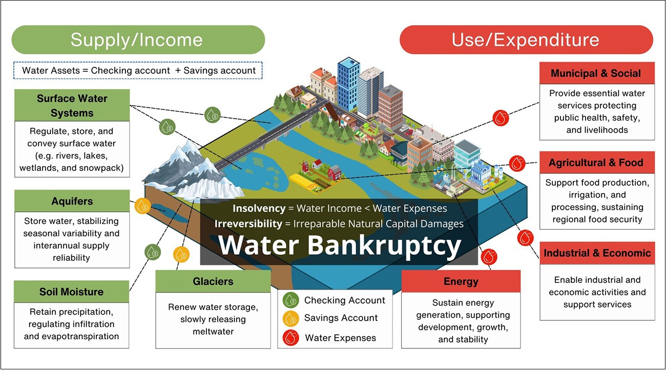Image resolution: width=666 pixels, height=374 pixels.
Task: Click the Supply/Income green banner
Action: pyautogui.click(x=137, y=40)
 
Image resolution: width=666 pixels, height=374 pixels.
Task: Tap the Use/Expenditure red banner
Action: pyautogui.click(x=526, y=40)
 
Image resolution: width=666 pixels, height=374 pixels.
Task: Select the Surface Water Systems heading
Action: pyautogui.click(x=72, y=105)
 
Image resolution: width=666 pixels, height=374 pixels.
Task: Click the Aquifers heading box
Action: pyautogui.click(x=72, y=201)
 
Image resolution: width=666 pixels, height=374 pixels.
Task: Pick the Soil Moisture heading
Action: pyautogui.click(x=71, y=292)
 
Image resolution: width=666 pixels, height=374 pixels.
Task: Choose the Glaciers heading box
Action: pyautogui.click(x=213, y=281)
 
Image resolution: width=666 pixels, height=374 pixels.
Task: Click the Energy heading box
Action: pyautogui.click(x=461, y=281)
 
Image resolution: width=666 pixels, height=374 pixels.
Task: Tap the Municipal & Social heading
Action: pyautogui.click(x=596, y=73)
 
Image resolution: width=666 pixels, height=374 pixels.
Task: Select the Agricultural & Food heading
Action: pyautogui.click(x=596, y=163)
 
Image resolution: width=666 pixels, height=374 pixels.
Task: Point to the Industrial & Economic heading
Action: pyautogui.click(x=597, y=253)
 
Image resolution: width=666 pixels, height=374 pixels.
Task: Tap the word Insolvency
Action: pyautogui.click(x=259, y=208)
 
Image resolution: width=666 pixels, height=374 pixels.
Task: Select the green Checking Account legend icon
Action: pyautogui.click(x=290, y=300)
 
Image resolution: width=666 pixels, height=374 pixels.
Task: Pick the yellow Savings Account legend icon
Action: pyautogui.click(x=290, y=318)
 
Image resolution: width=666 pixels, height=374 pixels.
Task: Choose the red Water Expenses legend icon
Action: pyautogui.click(x=290, y=337)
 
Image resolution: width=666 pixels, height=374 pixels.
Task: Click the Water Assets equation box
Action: pyautogui.click(x=138, y=71)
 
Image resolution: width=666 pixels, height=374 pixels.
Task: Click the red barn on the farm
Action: pyautogui.click(x=335, y=172)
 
